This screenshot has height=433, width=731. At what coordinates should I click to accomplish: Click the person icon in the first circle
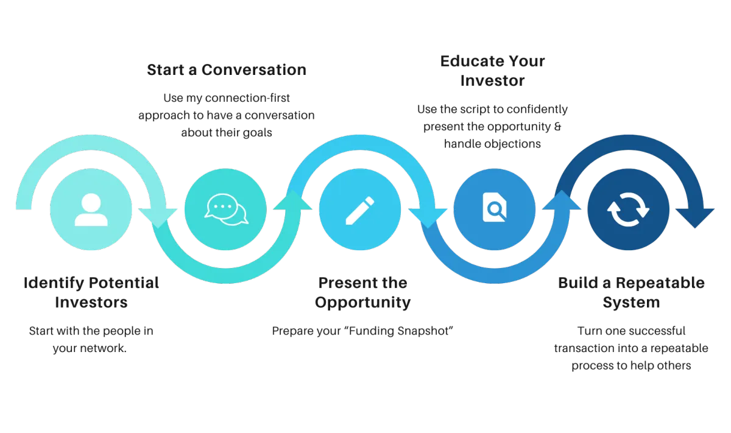pyautogui.click(x=91, y=209)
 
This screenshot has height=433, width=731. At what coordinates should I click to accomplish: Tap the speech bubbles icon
pyautogui.click(x=225, y=209)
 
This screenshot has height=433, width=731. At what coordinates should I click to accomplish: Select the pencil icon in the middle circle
pyautogui.click(x=360, y=209)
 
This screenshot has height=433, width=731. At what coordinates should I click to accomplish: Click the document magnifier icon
pyautogui.click(x=494, y=209)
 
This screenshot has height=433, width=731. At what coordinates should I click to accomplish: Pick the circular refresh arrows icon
pyautogui.click(x=628, y=209)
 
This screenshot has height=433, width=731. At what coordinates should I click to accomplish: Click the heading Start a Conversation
pyautogui.click(x=226, y=70)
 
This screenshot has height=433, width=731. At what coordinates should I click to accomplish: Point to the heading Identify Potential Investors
pyautogui.click(x=92, y=293)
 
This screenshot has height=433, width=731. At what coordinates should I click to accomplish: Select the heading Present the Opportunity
pyautogui.click(x=362, y=293)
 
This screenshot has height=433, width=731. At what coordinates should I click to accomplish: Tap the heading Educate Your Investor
pyautogui.click(x=492, y=71)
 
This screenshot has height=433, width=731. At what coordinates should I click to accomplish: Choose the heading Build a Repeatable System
pyautogui.click(x=631, y=293)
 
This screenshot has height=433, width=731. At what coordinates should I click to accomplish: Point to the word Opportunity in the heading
pyautogui.click(x=362, y=303)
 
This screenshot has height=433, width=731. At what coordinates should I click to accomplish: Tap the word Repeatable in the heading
pyautogui.click(x=657, y=283)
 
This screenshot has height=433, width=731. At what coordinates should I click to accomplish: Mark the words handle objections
pyautogui.click(x=492, y=144)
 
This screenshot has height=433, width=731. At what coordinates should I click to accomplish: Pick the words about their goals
pyautogui.click(x=226, y=132)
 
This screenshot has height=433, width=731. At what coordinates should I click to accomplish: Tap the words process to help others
pyautogui.click(x=631, y=365)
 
